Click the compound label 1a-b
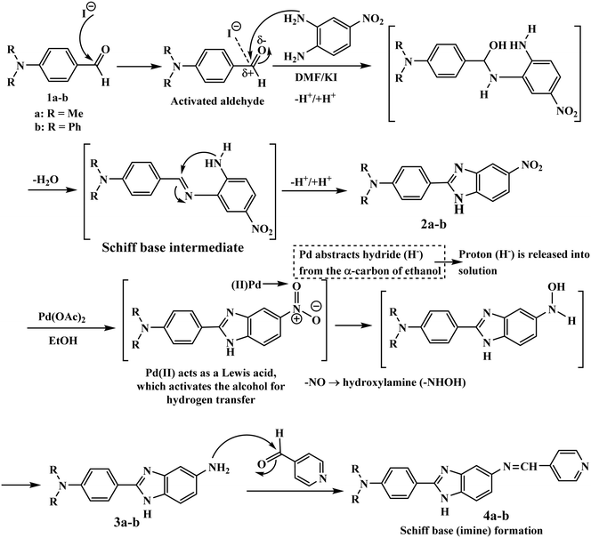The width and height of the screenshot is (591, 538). tap(57, 99)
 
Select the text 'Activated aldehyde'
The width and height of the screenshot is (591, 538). tap(217, 100)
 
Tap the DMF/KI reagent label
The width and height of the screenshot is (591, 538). tap(316, 77)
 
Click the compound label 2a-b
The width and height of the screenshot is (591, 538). tap(433, 224)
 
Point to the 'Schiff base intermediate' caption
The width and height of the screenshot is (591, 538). tap(173, 247)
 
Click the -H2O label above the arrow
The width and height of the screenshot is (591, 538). tap(45, 180)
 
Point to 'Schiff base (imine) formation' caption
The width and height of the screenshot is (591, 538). tap(471, 531)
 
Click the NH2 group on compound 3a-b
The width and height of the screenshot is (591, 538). tap(219, 469)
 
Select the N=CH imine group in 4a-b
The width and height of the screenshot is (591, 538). tap(520, 467)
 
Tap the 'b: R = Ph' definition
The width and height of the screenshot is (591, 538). tap(57, 126)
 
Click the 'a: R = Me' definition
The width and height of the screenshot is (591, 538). tap(58, 113)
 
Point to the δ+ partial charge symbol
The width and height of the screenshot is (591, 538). tap(247, 74)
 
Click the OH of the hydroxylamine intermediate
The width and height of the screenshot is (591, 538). tap(556, 287)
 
